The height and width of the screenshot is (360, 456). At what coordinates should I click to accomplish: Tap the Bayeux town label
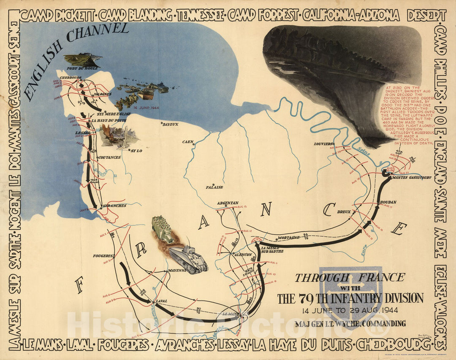pyautogui.click(x=171, y=124)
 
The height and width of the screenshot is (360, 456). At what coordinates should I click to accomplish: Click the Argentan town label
pyautogui.click(x=228, y=203)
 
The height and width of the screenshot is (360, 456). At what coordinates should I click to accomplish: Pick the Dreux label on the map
pyautogui.click(x=344, y=212)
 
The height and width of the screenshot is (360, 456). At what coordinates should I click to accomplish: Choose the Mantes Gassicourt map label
pyautogui.click(x=409, y=178)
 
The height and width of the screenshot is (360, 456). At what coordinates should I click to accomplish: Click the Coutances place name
pyautogui.click(x=109, y=157)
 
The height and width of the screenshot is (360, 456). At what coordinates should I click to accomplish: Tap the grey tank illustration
pyautogui.click(x=189, y=258)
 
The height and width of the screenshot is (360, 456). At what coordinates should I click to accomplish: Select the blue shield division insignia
pyautogui.click(x=350, y=293)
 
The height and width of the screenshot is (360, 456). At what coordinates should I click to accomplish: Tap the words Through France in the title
pyautogui.click(x=350, y=278)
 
